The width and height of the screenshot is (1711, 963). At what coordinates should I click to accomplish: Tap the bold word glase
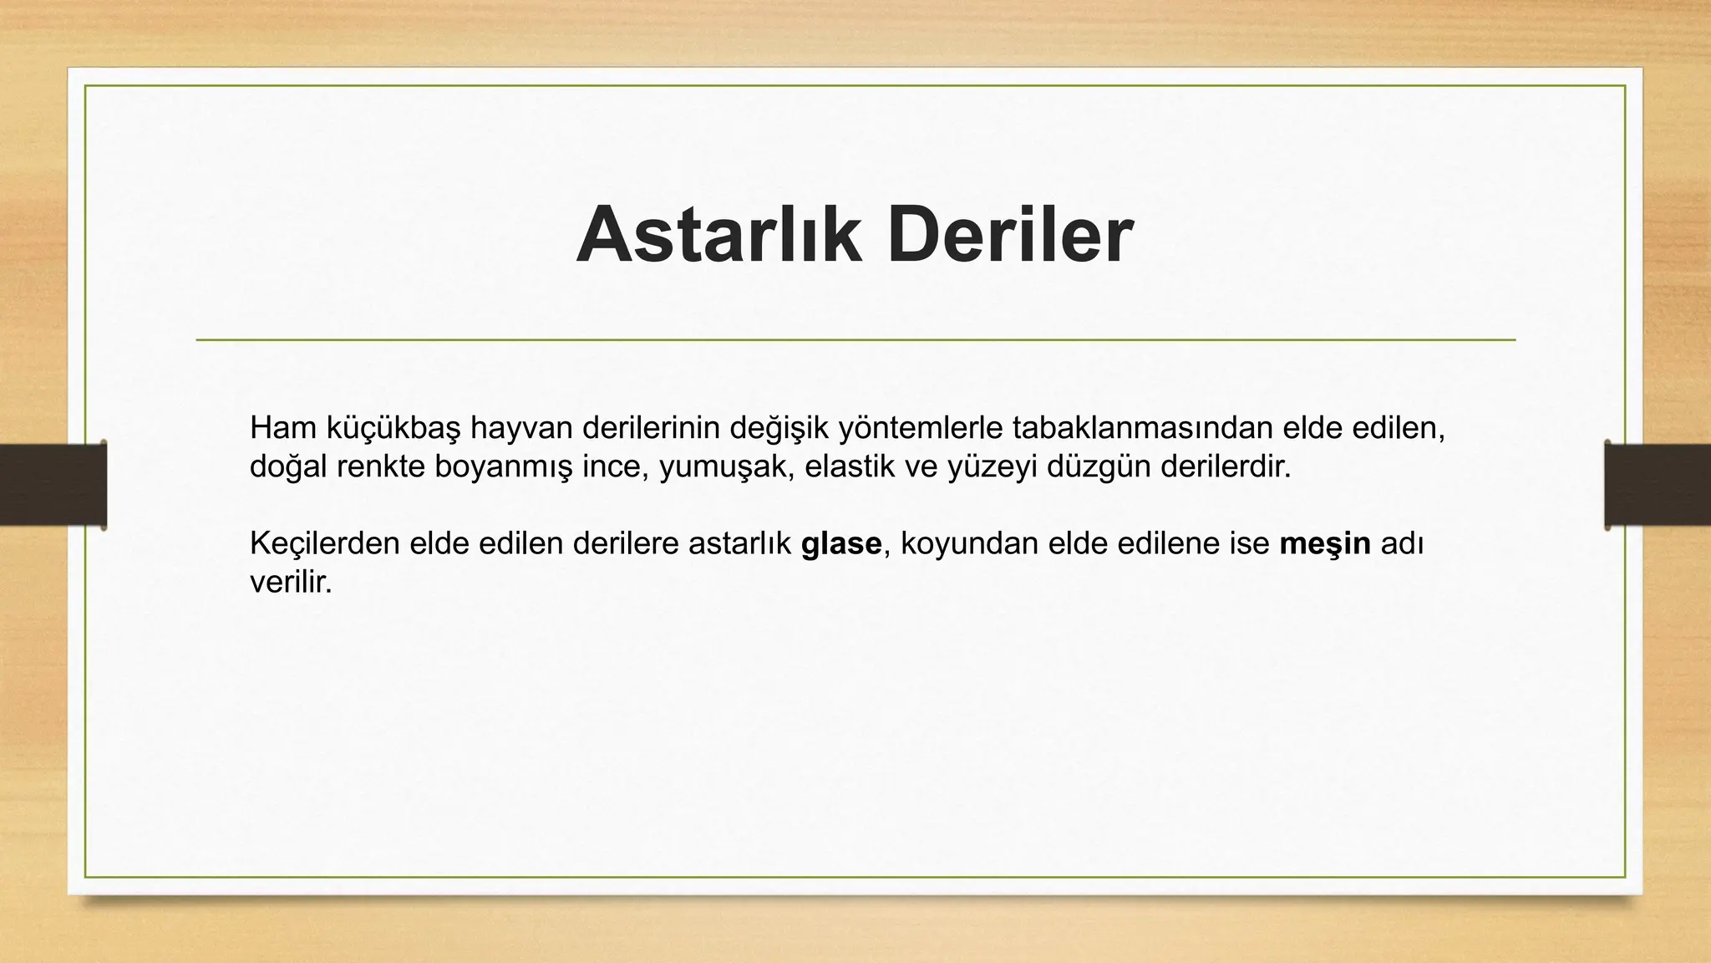click(840, 544)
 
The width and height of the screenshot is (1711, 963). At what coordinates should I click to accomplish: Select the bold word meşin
click(1325, 544)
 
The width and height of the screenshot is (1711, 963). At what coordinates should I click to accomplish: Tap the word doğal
click(289, 467)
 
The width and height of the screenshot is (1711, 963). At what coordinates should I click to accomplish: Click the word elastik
click(852, 466)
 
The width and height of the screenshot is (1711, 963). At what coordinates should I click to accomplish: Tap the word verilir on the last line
click(290, 583)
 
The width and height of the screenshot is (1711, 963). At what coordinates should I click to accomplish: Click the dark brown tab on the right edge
click(1658, 485)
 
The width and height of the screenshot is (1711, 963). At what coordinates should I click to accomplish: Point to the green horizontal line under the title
click(855, 340)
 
